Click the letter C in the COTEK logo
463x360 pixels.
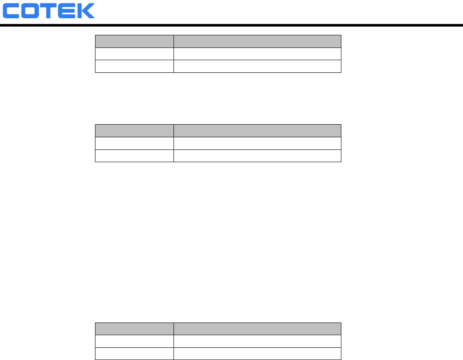click(x=12, y=11)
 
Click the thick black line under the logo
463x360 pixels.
click(x=231, y=26)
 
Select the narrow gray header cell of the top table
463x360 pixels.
click(x=134, y=41)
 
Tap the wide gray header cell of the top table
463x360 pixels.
click(x=257, y=41)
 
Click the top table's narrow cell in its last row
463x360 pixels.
click(x=134, y=66)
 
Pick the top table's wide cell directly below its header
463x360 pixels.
click(x=257, y=53)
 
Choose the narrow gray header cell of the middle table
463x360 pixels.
click(x=134, y=131)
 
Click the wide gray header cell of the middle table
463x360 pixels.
click(x=257, y=131)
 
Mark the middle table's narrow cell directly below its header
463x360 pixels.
click(x=134, y=143)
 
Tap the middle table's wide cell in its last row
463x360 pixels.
click(x=257, y=156)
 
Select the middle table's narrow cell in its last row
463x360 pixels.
click(x=134, y=156)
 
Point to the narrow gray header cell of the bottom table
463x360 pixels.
click(x=134, y=329)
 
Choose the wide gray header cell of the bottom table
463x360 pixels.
click(x=257, y=329)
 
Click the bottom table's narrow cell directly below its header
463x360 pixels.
click(x=134, y=341)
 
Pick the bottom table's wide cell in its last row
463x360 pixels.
click(x=257, y=353)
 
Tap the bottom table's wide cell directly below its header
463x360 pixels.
click(x=257, y=341)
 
